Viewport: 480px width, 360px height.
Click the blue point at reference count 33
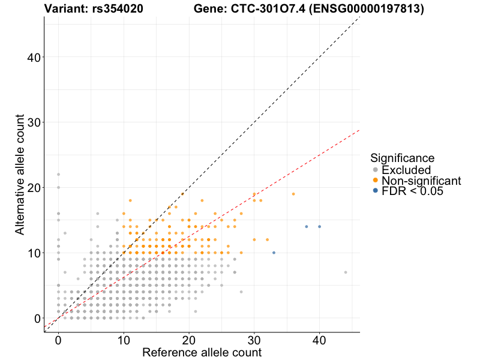click(274, 253)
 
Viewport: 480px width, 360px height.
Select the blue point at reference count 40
click(319, 227)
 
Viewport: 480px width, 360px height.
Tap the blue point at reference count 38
click(307, 227)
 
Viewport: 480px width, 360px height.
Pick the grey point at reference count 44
click(346, 272)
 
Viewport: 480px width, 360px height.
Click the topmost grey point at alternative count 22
click(58, 175)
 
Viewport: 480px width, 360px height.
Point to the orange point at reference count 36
click(293, 194)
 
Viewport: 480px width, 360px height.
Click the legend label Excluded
click(406, 170)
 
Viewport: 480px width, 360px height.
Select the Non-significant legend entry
click(421, 181)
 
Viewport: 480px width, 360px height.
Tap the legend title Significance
click(402, 158)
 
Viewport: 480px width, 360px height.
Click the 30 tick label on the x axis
click(254, 340)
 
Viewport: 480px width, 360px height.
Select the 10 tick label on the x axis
click(124, 340)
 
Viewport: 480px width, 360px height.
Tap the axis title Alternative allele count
click(19, 174)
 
